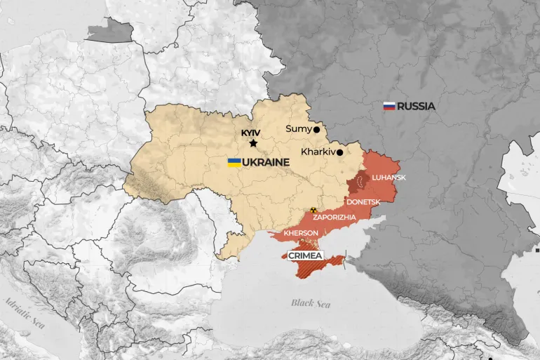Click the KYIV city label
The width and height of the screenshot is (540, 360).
pos(250,132)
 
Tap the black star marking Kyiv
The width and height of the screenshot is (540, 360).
pos(253,143)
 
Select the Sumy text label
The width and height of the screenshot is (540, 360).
pos(298,129)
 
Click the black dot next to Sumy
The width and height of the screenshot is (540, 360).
pos(317,129)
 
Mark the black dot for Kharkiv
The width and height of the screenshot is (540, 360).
pos(339,152)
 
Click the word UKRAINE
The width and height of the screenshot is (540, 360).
pos(267,162)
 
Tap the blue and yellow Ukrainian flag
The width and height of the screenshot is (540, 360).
pos(234,162)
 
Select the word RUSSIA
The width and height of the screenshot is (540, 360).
pos(416,107)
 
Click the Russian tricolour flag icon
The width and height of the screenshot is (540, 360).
pos(389,107)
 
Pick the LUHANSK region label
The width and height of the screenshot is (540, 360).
pos(389,178)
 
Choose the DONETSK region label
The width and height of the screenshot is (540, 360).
pos(363,202)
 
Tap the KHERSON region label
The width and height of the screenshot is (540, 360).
pos(301,233)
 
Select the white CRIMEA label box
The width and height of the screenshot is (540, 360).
pos(306,256)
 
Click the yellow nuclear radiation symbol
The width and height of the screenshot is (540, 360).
pos(313,210)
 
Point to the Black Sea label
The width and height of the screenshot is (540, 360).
pos(311,303)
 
